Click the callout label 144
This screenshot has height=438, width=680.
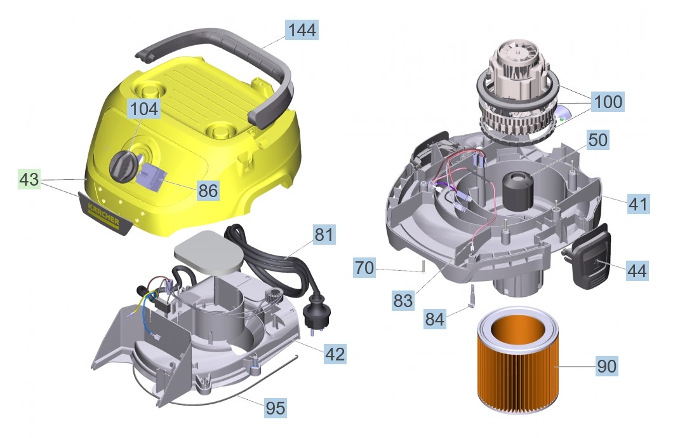302,29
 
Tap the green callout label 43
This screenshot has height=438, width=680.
29,179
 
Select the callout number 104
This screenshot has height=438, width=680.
144,109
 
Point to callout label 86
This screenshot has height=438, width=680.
208,190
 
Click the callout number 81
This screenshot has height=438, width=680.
324,235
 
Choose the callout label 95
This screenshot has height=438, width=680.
276,408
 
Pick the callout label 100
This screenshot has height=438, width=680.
608,102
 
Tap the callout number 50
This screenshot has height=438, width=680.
598,140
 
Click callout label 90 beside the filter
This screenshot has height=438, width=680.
607,366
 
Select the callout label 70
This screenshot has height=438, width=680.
364,268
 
